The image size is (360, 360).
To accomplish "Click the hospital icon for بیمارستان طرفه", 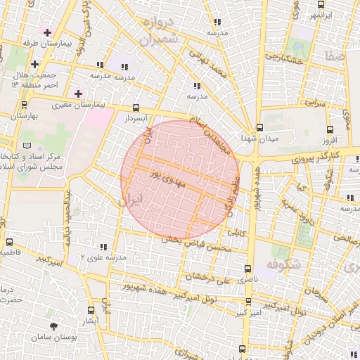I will [47, 32].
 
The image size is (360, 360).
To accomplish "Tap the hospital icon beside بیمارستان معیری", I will [78, 93].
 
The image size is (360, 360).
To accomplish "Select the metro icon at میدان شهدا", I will [259, 128].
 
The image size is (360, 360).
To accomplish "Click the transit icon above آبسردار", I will [136, 108].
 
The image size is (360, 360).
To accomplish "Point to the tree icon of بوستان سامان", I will [54, 326].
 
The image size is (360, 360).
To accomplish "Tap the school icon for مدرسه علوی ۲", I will [104, 247].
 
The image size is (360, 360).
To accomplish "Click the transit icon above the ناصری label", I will [246, 268].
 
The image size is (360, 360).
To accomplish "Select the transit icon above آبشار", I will [91, 309].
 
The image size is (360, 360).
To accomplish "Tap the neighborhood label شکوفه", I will [283, 265].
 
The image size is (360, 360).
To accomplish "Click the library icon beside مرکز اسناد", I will [27, 145].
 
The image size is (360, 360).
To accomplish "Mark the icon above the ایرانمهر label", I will [320, 3].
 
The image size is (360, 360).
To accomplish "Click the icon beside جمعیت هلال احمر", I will [34, 64].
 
